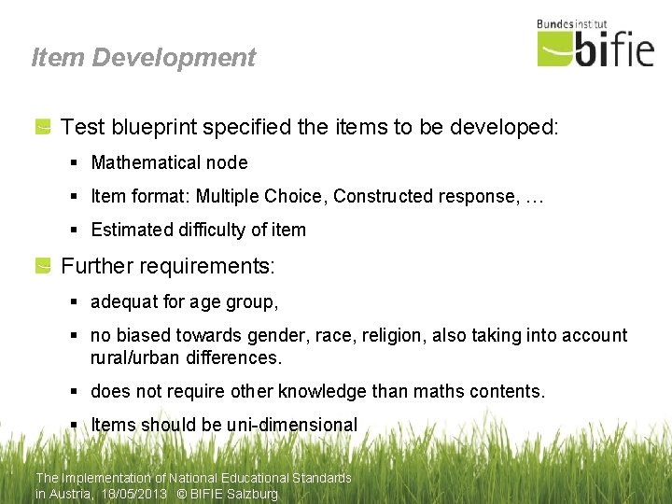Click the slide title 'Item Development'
tap(143, 58)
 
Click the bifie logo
tap(596, 47)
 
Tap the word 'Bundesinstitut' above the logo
tap(572, 23)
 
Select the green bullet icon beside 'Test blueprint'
tap(43, 128)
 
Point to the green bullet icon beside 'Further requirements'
tap(43, 267)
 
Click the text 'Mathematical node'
tap(169, 163)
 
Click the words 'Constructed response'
tap(415, 197)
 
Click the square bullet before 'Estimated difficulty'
tap(75, 231)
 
